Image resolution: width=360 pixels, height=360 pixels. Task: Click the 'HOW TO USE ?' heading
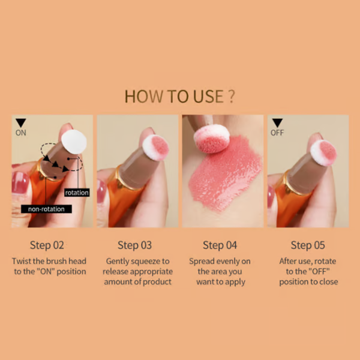coord(179,96)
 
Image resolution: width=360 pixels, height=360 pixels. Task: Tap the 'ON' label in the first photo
coord(20,133)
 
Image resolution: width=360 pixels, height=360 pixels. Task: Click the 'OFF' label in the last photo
coord(277,133)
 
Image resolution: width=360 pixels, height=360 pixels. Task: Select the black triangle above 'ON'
coord(20,122)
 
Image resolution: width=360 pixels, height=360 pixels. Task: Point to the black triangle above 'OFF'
coord(277,122)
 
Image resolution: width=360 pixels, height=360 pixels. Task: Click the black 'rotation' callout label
coord(76,193)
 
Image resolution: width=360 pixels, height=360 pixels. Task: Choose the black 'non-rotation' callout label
coord(46,209)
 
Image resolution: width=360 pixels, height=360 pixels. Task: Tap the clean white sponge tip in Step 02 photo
coord(74,142)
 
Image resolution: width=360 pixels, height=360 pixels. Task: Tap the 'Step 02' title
coord(46,245)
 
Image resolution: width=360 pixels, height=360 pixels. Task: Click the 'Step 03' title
coord(136,245)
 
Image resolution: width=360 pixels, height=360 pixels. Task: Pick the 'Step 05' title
coord(309,245)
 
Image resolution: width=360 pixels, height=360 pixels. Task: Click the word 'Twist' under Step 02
coord(23,261)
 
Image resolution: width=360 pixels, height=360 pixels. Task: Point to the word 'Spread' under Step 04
coord(202,261)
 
